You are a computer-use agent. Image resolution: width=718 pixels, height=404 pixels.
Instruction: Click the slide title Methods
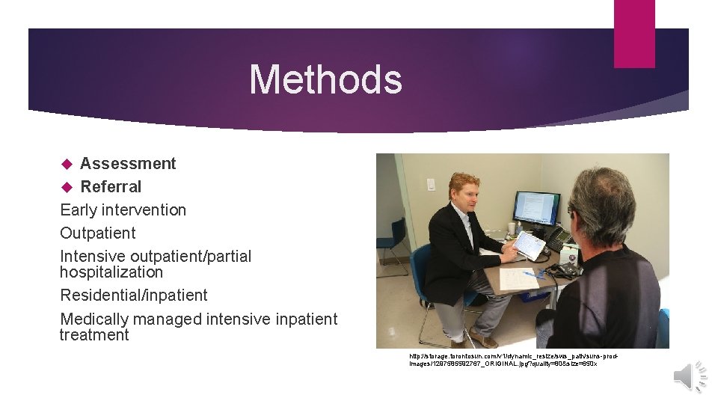[325, 79]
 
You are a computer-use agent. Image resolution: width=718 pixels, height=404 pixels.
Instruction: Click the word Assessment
[128, 164]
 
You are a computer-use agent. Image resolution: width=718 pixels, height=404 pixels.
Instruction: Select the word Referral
[111, 187]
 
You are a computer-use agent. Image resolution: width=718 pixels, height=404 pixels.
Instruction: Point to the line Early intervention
[123, 210]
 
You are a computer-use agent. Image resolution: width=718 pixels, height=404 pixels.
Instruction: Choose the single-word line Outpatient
[98, 233]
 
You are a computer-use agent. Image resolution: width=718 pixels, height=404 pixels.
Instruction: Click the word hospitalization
[111, 272]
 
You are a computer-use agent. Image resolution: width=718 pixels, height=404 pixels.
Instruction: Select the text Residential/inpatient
[134, 296]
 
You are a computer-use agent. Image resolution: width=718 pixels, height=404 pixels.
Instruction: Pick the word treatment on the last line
[94, 335]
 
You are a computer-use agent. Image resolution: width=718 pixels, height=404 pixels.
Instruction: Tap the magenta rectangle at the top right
[634, 34]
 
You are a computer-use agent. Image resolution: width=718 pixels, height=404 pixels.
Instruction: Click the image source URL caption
[513, 359]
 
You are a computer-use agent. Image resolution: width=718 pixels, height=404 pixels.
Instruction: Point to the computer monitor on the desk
[536, 209]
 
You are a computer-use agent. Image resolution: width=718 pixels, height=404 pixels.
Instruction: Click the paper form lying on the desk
[519, 279]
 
